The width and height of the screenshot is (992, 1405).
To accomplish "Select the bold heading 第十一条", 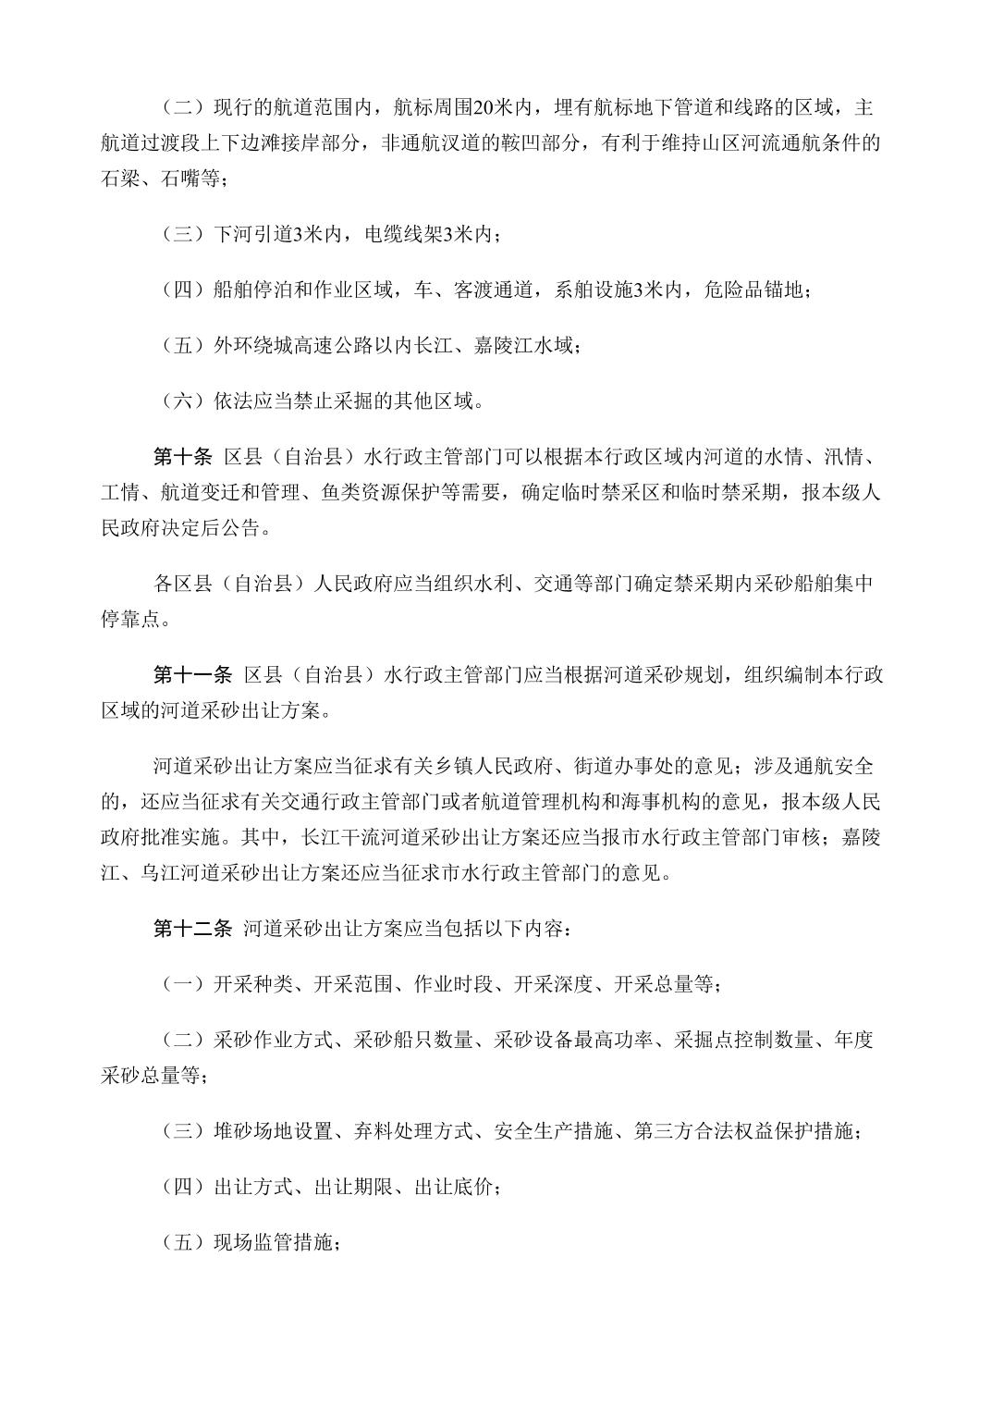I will coord(192,675).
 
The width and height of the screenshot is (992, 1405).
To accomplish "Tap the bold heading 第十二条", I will coord(192,929).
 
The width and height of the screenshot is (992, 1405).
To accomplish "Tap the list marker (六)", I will coord(182,401).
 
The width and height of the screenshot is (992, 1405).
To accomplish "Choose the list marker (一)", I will coord(182,984).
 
